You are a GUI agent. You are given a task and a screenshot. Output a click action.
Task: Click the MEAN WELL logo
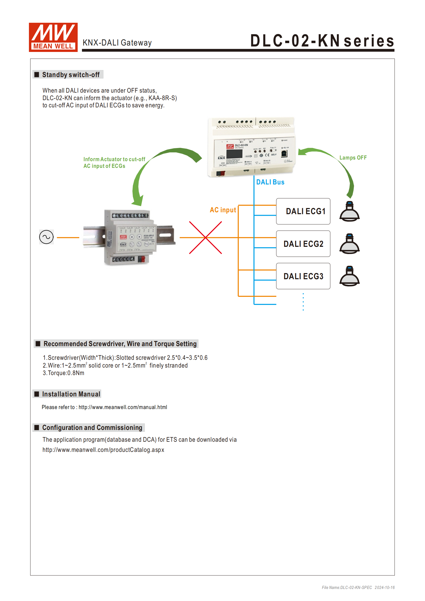point(53,37)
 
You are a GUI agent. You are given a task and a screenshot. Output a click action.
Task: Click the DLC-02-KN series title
point(322,41)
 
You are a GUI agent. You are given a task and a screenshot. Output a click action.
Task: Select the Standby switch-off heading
point(71,75)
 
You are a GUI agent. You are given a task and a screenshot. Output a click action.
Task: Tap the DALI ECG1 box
point(303,211)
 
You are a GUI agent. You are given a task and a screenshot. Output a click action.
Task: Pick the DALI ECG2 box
point(303,244)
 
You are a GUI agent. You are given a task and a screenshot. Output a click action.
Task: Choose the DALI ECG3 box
point(303,276)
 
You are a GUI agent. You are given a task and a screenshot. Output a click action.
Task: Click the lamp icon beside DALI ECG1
point(349,211)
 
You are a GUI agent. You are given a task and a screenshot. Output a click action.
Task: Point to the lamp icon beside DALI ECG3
point(349,276)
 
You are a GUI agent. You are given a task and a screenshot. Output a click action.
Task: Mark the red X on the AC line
point(205,237)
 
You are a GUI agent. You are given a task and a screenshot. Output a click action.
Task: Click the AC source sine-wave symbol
point(46,237)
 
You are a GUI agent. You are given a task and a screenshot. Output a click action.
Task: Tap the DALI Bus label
point(270,182)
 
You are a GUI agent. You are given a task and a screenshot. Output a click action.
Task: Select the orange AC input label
point(223,210)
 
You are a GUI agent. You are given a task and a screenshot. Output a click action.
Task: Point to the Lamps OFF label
point(353,158)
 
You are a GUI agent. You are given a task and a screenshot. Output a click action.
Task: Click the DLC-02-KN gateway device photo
point(251,147)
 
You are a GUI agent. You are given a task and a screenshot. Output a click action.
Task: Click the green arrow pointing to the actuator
point(150,171)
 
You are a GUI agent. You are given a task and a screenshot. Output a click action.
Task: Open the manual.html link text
point(123,407)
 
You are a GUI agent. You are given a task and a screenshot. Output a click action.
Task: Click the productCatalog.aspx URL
point(103,450)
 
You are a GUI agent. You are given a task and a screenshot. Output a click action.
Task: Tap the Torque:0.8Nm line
point(63,373)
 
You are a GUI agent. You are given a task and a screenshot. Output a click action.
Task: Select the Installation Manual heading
point(71,394)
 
